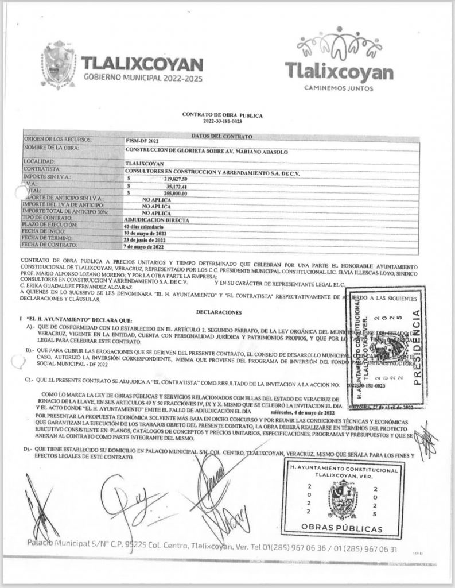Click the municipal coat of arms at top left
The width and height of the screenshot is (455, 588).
click(x=59, y=69)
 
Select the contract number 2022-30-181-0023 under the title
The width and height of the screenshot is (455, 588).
click(x=227, y=122)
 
